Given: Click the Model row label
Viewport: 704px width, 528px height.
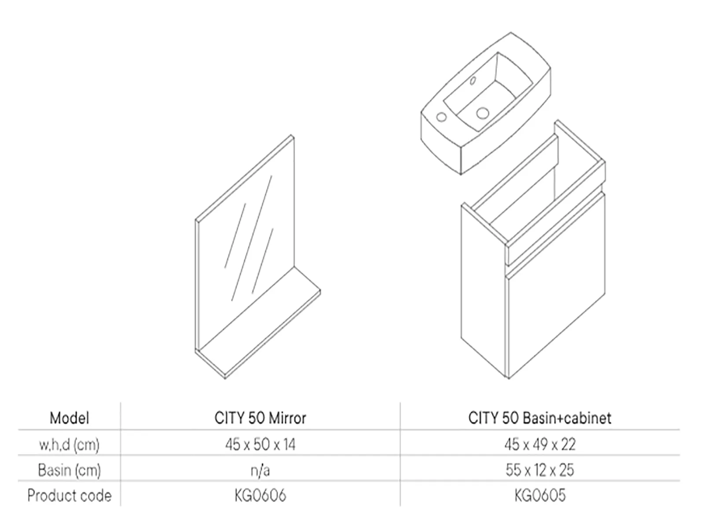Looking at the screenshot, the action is coord(69,418).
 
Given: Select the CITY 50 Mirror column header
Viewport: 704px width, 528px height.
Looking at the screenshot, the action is coord(260,418).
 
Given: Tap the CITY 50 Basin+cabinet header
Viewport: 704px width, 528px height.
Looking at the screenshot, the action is coord(540,418).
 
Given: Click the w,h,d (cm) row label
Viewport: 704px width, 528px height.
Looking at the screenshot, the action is coord(69,445).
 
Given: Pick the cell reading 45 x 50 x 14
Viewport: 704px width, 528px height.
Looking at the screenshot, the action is coord(260,444).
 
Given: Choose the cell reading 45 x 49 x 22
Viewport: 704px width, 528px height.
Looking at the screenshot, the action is coord(540,444).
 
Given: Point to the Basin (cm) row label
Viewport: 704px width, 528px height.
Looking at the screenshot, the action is coord(69,470).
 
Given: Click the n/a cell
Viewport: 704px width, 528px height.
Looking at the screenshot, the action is coord(260,470).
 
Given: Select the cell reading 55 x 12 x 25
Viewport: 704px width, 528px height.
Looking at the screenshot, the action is coord(540,470).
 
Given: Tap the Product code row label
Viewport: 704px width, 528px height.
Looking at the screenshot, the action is coord(69,495).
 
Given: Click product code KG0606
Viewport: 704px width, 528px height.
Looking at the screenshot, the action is coord(260,495).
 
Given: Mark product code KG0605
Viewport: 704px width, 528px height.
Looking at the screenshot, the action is coord(540,495).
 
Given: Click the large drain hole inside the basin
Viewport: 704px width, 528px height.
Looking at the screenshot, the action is coord(482,113).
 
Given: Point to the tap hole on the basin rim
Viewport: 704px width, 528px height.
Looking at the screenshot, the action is coord(442,117).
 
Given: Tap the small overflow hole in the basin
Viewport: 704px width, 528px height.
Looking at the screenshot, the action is coord(473,81).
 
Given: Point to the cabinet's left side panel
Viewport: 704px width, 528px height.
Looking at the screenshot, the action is coord(483,290).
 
